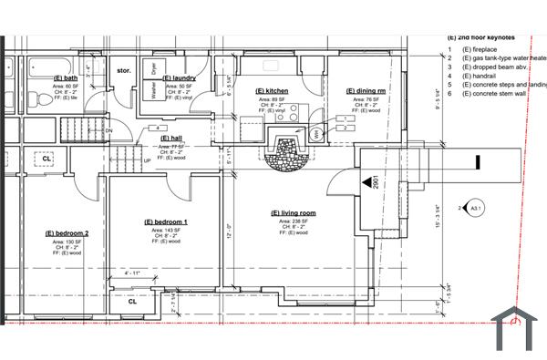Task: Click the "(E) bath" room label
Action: point(67,78)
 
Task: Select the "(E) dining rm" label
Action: point(366,92)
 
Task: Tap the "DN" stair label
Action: point(108,130)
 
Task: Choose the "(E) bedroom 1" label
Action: point(166,222)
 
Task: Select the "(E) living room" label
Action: point(294,213)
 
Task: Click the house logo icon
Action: point(517,329)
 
